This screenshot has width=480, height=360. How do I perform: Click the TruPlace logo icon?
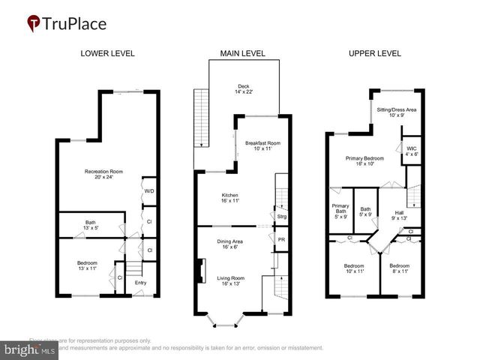[x=34, y=23]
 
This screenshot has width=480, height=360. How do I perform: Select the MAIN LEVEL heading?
[x=240, y=53]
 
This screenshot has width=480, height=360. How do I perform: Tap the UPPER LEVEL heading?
[x=375, y=53]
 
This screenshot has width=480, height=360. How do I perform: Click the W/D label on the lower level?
[x=148, y=190]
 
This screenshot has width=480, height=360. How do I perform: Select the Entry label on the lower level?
[x=140, y=283]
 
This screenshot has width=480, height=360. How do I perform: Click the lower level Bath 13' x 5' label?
[x=90, y=225]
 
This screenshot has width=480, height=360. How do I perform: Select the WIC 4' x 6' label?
[x=412, y=151]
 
